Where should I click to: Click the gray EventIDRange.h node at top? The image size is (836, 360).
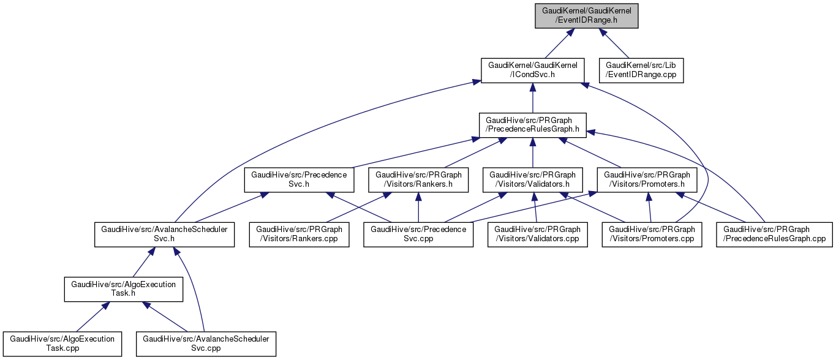[586, 15]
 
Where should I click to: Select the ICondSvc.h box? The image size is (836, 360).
[532, 70]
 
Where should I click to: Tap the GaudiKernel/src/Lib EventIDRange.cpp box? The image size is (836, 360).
[644, 70]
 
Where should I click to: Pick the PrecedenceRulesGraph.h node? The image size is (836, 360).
[532, 125]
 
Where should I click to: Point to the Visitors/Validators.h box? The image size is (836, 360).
[532, 180]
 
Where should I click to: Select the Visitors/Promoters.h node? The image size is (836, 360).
[647, 180]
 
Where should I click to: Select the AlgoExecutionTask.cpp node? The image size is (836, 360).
[62, 344]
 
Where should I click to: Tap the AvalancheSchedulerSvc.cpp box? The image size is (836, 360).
[206, 344]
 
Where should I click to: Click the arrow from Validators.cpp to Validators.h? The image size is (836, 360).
[535, 208]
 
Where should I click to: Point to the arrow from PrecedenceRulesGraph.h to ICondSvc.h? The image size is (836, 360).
[532, 98]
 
